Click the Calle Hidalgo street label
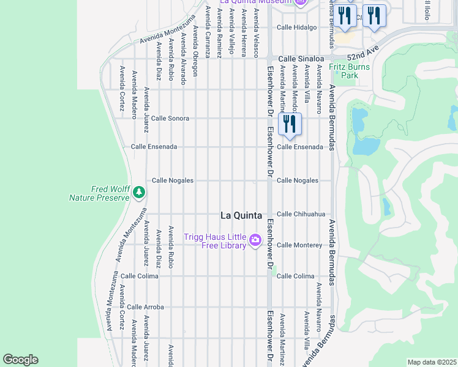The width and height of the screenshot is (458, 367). click(x=297, y=28)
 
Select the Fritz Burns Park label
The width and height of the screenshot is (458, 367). click(x=348, y=71)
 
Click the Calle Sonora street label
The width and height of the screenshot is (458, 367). click(x=170, y=118)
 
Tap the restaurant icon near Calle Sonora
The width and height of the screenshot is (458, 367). click(x=288, y=124)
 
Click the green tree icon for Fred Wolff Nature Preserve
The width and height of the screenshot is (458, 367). click(x=139, y=193)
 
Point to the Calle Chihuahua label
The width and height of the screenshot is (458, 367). click(x=301, y=214)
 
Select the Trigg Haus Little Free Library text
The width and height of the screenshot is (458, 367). click(x=216, y=241)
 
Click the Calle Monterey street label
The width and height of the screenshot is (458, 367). click(x=299, y=245)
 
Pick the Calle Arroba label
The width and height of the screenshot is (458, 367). click(x=145, y=307)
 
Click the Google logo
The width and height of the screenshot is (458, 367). click(x=20, y=360)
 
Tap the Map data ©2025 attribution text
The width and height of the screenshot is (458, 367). click(x=431, y=362)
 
